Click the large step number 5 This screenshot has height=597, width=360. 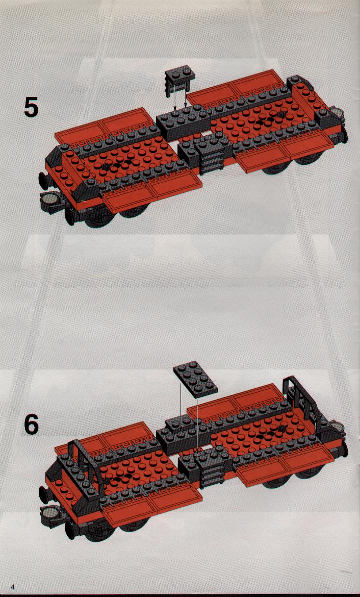(31, 107)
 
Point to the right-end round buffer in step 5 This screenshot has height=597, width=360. (337, 113)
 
